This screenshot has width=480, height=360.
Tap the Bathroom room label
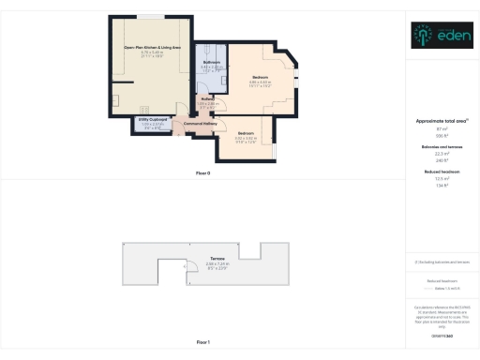210,63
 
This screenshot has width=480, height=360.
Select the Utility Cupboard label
153,119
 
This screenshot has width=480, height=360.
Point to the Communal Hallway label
201,124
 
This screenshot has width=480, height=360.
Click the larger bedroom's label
260,77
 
